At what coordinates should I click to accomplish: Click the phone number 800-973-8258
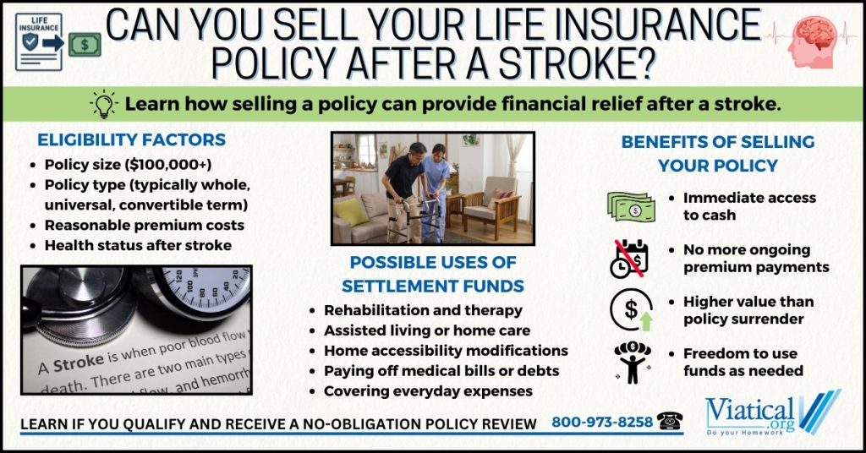point(602,422)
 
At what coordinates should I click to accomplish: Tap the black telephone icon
point(670,421)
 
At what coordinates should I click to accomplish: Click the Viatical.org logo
point(773,412)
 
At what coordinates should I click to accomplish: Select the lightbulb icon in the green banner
point(104,104)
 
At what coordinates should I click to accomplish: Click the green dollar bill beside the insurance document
point(85,45)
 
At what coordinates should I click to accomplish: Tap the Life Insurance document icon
point(39,42)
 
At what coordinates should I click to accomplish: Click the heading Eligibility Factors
point(131,139)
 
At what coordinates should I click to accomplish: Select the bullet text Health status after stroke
point(138,246)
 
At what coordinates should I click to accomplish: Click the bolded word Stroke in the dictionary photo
point(79,363)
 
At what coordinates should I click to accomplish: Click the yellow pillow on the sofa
point(351,212)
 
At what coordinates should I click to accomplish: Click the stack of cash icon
point(631,207)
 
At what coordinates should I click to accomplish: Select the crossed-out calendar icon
point(629,259)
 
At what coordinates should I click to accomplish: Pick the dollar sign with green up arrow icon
point(632,310)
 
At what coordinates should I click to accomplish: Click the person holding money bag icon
point(633,363)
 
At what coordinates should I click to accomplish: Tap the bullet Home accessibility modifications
point(446,351)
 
